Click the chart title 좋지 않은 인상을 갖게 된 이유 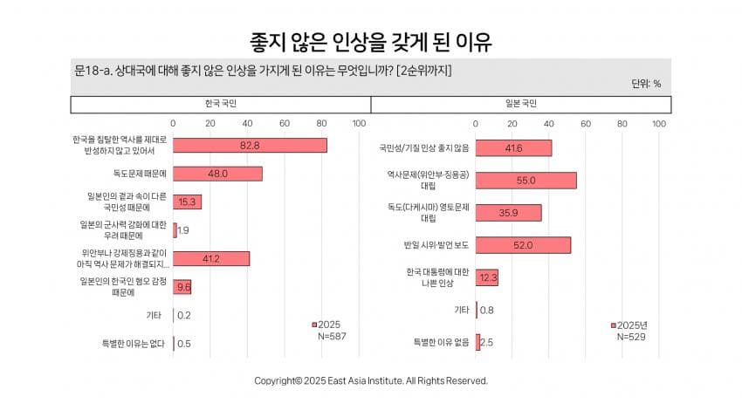point(371,41)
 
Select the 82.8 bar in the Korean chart point(250,145)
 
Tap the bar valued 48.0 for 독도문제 point(217,174)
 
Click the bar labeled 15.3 point(187,202)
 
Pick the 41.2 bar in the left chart point(211,258)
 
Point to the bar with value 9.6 point(182,286)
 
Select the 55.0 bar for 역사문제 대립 point(526,180)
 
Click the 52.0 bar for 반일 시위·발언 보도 point(523,245)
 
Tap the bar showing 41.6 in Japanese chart point(513,148)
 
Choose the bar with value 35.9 point(508,213)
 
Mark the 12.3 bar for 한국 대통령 point(487,277)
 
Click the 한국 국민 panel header point(221,105)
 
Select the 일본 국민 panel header point(521,105)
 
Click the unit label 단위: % point(645,84)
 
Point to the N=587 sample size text point(332,336)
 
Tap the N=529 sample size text point(630,337)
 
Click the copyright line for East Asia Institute point(371,380)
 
